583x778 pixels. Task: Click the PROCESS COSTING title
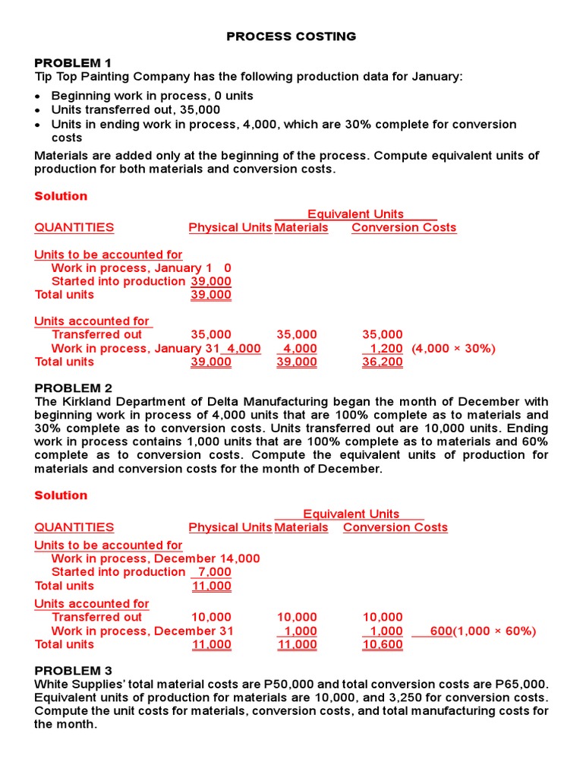tap(291, 36)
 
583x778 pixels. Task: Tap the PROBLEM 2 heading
tap(73, 388)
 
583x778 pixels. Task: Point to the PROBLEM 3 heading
tap(73, 671)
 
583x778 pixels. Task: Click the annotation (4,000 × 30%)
tap(453, 349)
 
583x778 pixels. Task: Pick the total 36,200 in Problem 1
tap(383, 362)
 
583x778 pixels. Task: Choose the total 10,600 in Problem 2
tap(383, 645)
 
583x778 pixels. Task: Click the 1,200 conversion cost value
tap(386, 349)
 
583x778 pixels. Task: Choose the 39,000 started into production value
tap(211, 281)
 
